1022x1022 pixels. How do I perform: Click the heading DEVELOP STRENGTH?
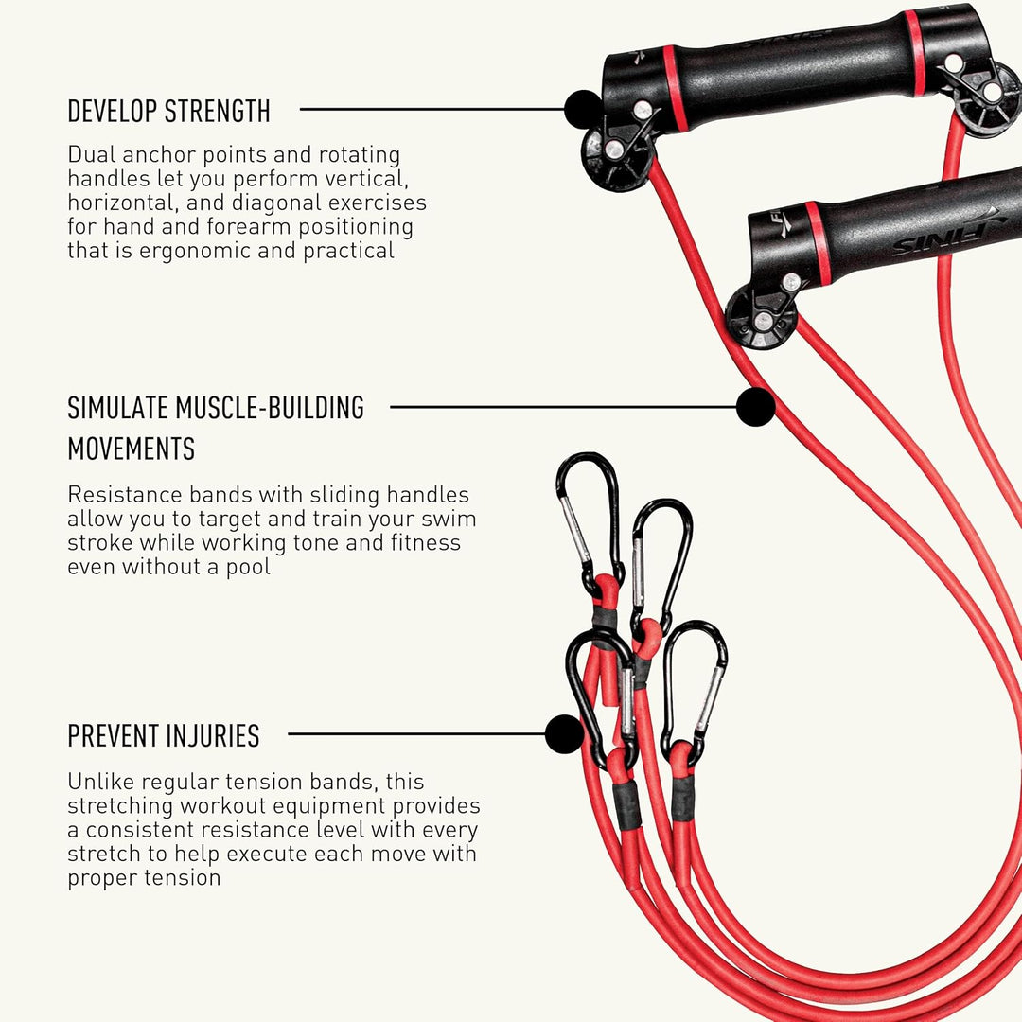click(x=168, y=111)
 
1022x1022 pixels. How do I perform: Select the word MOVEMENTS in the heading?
click(x=131, y=449)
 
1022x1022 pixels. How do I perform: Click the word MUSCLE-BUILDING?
click(x=270, y=408)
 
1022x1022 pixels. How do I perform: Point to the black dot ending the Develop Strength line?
click(x=583, y=109)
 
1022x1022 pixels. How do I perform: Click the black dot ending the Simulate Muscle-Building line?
click(x=755, y=407)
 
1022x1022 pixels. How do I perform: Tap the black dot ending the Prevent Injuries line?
click(x=564, y=734)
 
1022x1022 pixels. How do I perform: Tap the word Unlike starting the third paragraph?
click(x=101, y=782)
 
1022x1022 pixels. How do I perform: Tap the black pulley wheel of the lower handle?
click(x=761, y=317)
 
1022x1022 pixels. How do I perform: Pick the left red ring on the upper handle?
click(x=676, y=89)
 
